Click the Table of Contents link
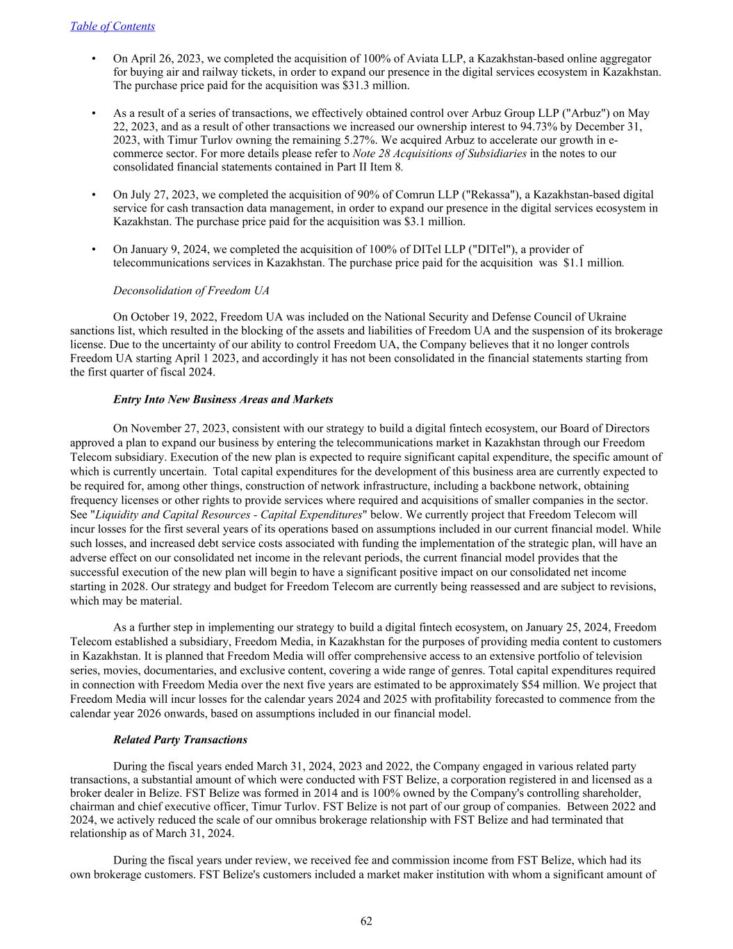[x=113, y=26]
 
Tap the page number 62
[x=366, y=921]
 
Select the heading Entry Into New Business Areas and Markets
[x=223, y=400]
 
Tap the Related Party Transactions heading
[x=180, y=740]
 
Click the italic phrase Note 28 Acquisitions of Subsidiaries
[x=439, y=154]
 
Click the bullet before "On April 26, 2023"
[x=93, y=59]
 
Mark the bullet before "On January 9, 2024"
[x=93, y=249]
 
